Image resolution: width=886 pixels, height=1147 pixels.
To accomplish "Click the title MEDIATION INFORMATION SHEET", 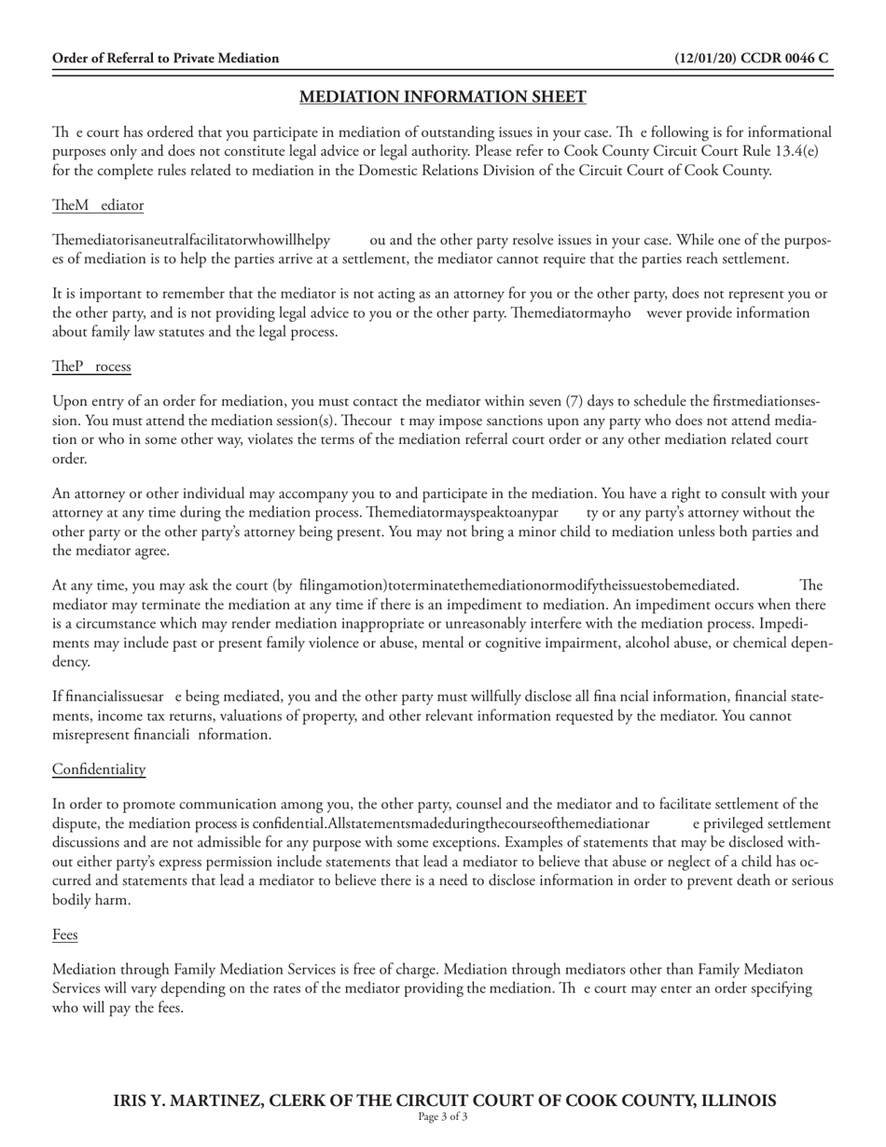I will [442, 97].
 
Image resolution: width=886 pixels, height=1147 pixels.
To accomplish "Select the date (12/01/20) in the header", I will [706, 58].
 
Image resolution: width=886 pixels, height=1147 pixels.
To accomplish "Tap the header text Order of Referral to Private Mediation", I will [165, 58].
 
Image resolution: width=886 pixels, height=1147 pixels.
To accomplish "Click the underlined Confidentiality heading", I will [99, 769].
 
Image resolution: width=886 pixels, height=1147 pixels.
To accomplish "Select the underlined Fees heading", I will [65, 934].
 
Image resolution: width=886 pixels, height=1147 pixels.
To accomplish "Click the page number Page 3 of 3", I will [442, 1116].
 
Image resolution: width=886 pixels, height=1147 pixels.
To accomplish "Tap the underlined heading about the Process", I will [91, 366].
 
